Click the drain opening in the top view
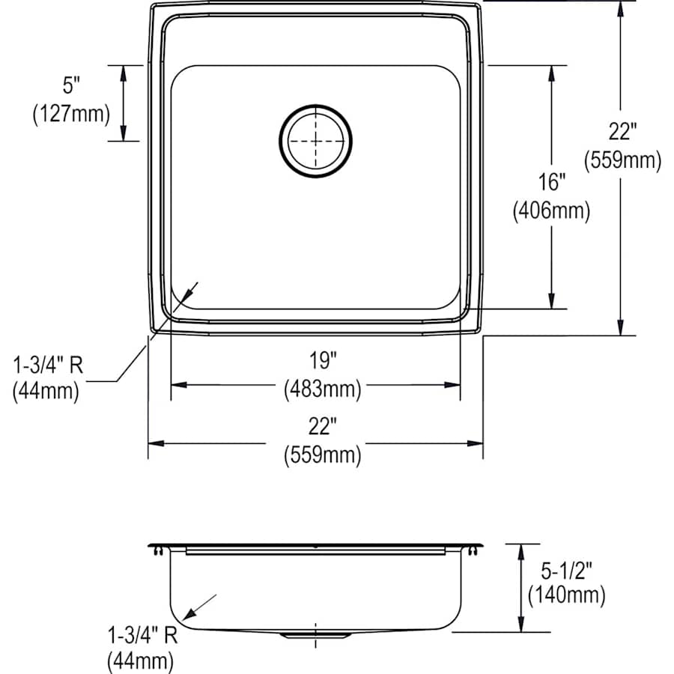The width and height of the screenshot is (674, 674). point(315,140)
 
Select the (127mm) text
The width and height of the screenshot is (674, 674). point(71,115)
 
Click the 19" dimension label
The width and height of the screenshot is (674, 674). point(321,362)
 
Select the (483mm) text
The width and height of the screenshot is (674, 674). point(322,389)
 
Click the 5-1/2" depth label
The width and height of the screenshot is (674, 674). point(566,571)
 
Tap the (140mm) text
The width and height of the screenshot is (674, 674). point(566,596)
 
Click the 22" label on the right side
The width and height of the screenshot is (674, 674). point(622,132)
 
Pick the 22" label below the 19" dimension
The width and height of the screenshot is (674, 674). point(321,428)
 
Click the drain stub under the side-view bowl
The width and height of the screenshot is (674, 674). point(315,635)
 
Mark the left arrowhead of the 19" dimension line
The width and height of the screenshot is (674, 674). point(177,385)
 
